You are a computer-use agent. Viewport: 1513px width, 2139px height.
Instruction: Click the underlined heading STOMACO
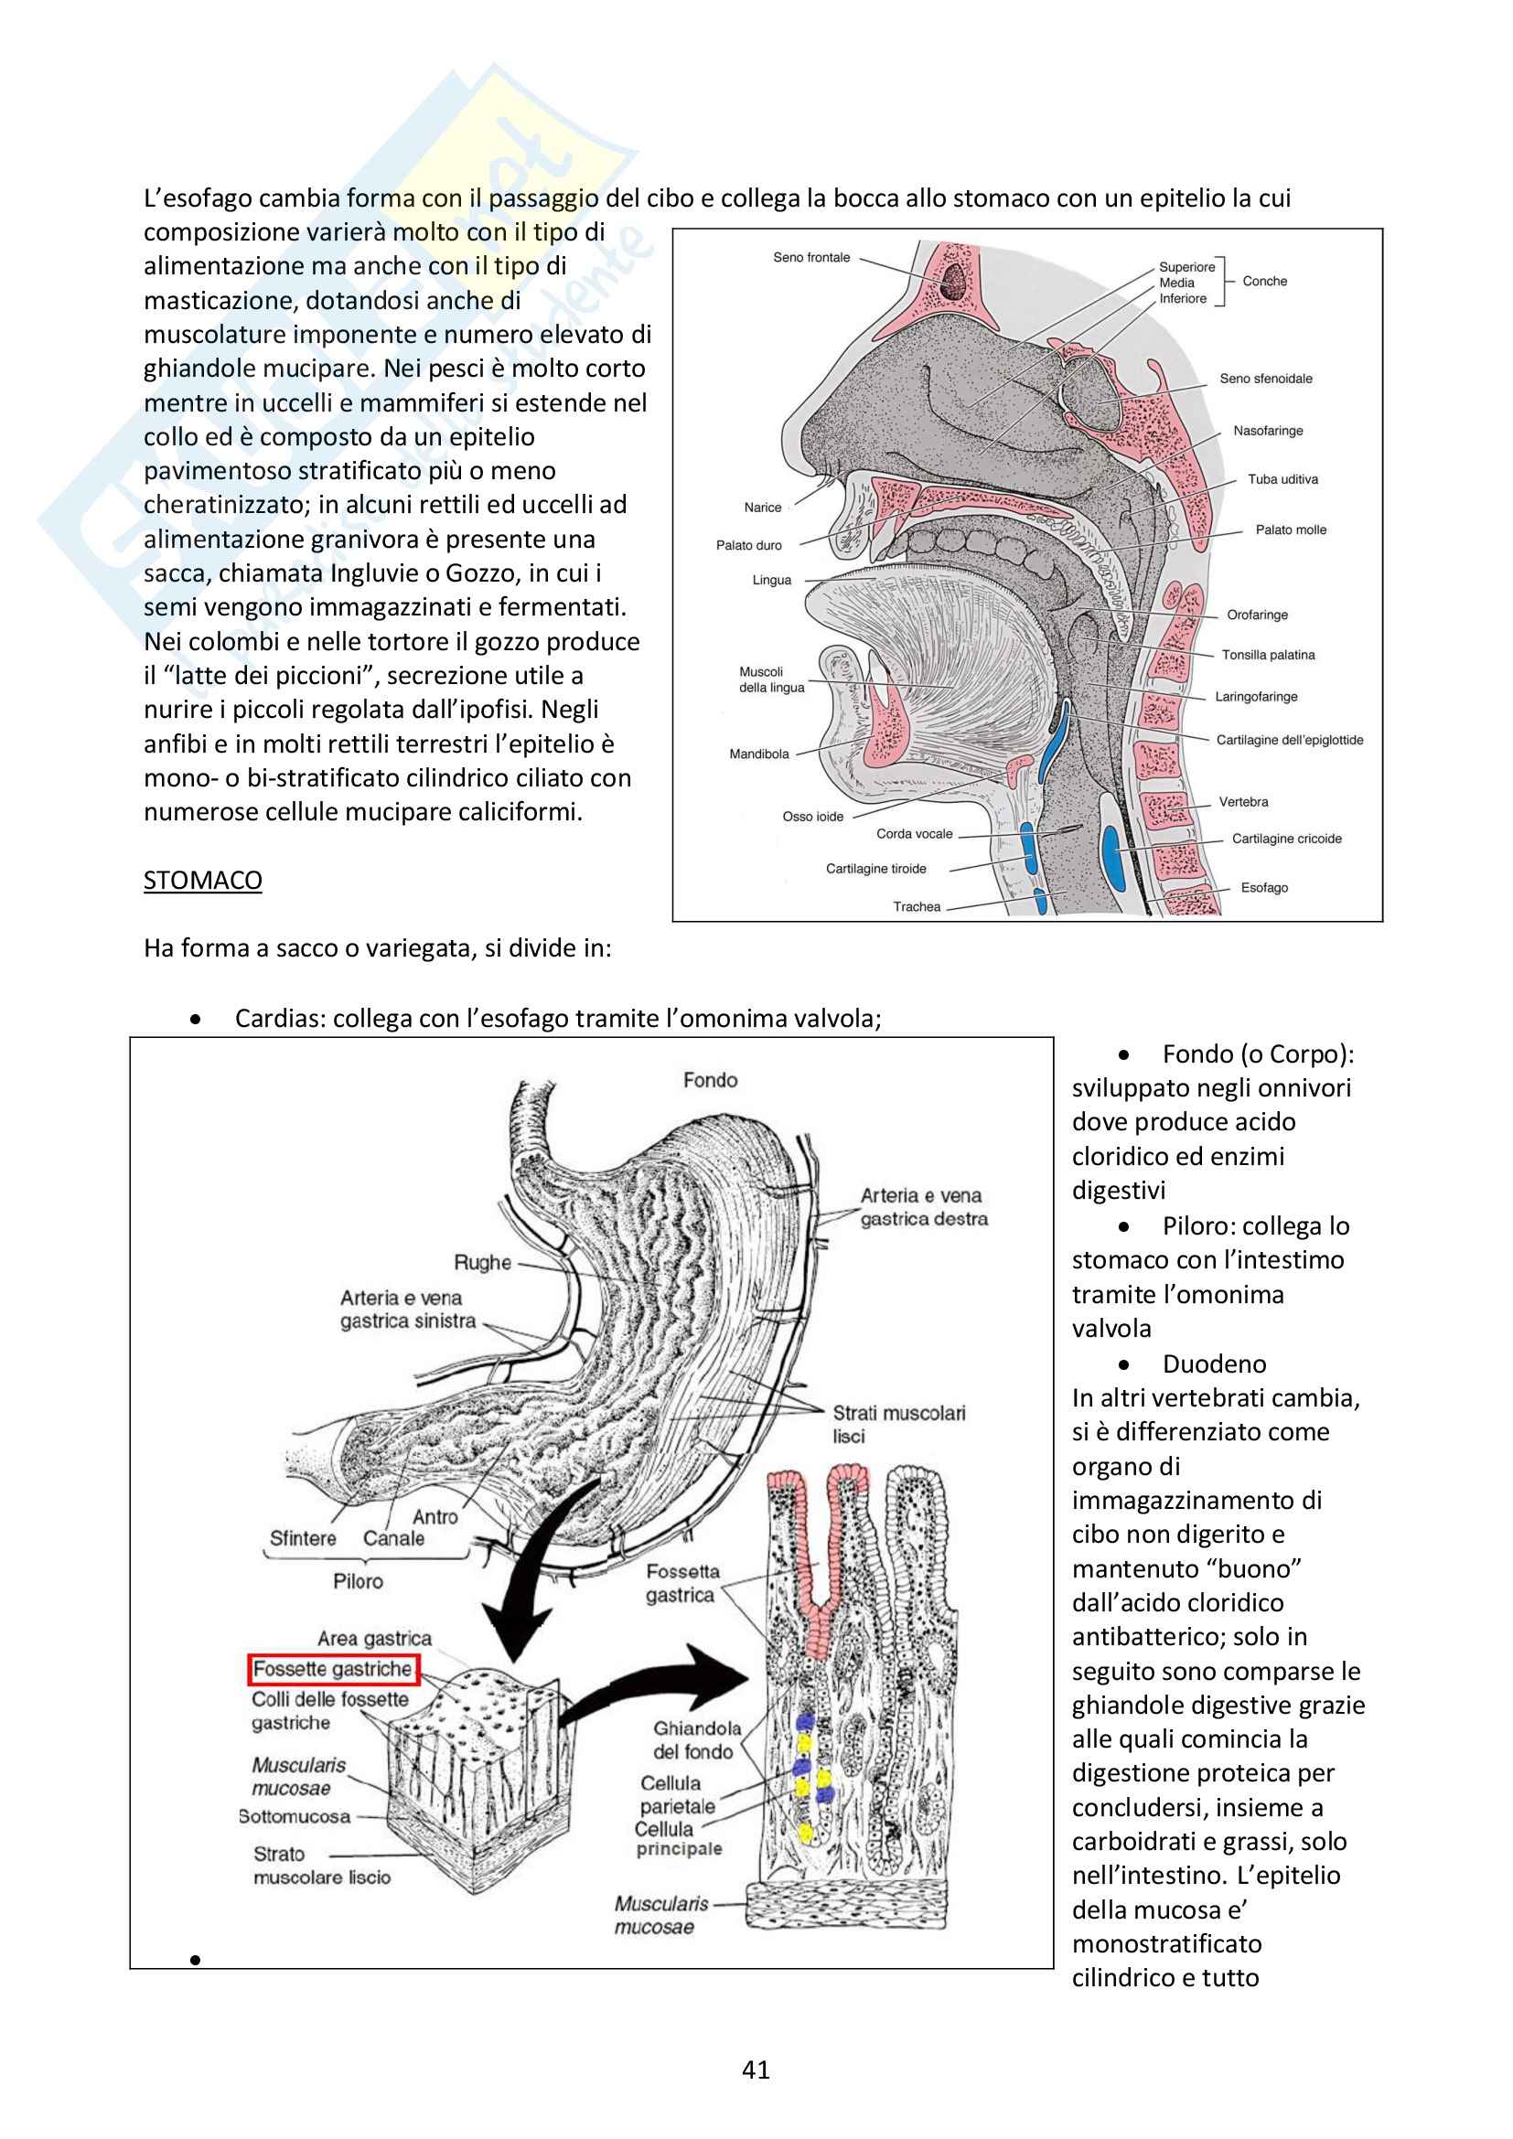point(202,881)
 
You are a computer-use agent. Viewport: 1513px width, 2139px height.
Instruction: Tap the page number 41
point(756,2069)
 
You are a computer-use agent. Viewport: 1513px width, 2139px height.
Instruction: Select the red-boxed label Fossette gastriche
point(333,1669)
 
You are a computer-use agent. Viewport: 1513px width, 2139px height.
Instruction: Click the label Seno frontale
point(811,257)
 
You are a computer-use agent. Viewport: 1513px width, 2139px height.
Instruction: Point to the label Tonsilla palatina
point(1268,655)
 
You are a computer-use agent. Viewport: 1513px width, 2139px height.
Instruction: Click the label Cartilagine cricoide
point(1287,839)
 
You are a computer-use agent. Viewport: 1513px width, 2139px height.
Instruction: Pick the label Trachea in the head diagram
point(917,906)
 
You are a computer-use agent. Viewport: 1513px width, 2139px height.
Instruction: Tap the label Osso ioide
point(812,816)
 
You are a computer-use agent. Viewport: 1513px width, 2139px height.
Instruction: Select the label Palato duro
point(749,545)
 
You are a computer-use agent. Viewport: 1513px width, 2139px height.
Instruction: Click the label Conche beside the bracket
point(1264,282)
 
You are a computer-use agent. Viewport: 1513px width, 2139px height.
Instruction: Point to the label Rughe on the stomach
point(483,1262)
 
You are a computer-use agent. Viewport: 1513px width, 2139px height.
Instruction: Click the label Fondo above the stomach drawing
point(710,1080)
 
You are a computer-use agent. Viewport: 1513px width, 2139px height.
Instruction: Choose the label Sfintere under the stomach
point(303,1538)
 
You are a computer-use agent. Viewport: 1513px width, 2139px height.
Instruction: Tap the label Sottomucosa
point(295,1816)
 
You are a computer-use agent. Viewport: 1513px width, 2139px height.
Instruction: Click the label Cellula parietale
point(677,1793)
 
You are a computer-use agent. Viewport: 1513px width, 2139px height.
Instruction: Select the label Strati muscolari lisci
point(898,1425)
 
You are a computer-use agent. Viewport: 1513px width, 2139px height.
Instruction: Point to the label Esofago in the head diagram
point(1264,888)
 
